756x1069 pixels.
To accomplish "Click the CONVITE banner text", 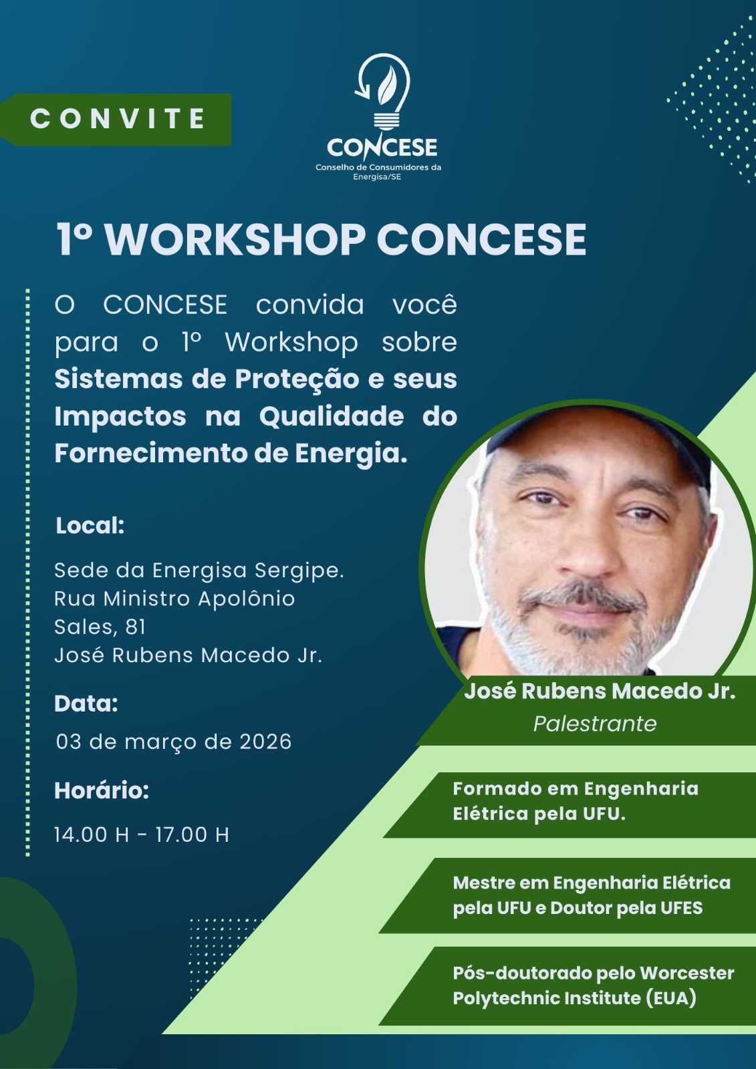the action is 118,119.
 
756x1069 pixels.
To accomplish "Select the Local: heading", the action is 90,526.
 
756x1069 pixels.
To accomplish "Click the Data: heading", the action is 86,704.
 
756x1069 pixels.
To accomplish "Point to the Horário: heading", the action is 102,791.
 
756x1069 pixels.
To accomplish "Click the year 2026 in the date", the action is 265,742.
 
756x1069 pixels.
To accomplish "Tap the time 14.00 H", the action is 92,835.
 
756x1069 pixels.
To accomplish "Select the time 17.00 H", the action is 192,835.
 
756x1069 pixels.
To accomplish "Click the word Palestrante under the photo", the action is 595,724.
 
